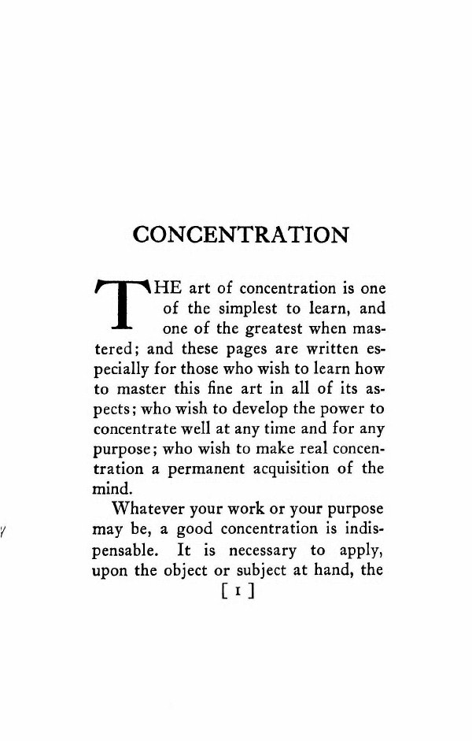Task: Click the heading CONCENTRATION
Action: coord(242,235)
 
